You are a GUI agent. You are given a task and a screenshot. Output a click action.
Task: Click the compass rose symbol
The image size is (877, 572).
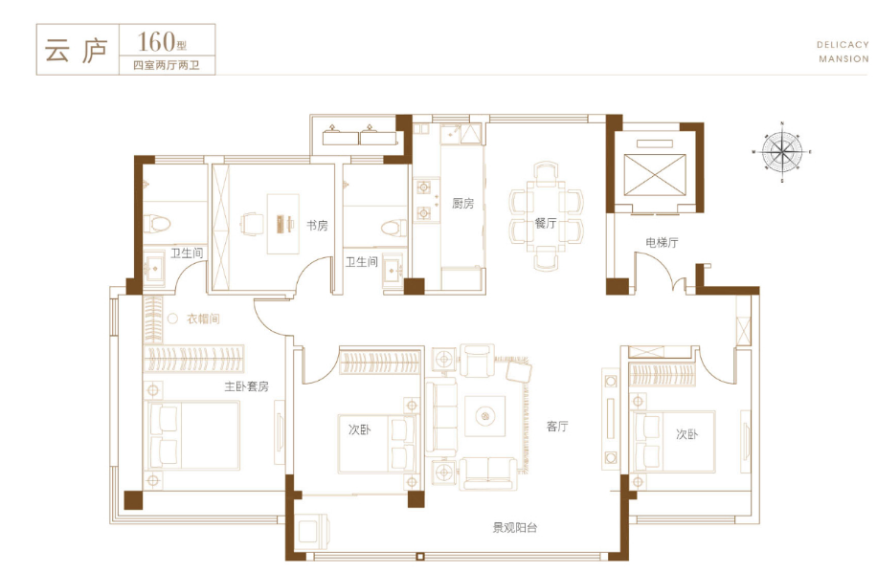click(x=782, y=152)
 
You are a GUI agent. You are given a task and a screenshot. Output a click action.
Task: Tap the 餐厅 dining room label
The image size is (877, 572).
click(x=546, y=224)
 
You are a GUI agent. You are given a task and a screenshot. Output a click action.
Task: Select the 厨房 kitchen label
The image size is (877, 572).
click(x=463, y=204)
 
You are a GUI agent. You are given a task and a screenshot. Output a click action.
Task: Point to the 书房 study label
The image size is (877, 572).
click(x=317, y=226)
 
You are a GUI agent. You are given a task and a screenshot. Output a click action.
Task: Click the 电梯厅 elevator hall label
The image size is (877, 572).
click(x=663, y=242)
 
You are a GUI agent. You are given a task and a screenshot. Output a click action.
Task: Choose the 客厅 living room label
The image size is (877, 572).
click(x=557, y=427)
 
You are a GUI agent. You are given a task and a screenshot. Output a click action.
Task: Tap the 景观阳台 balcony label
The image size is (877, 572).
click(x=515, y=527)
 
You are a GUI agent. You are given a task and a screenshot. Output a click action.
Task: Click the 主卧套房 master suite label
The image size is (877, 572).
click(x=247, y=386)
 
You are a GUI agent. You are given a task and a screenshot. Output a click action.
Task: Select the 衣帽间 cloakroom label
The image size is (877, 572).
click(x=203, y=319)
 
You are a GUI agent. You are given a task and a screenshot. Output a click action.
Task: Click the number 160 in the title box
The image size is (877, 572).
click(x=156, y=41)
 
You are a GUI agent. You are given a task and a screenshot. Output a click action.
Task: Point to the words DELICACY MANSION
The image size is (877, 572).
click(x=843, y=52)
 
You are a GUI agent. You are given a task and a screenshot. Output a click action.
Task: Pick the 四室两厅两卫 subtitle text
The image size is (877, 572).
click(x=167, y=65)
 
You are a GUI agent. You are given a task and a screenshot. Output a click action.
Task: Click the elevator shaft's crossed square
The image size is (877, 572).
click(x=654, y=175)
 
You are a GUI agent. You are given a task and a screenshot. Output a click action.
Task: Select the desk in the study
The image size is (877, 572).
click(x=282, y=224)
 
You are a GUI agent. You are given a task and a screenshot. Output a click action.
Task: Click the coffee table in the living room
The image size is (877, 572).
click(x=484, y=415)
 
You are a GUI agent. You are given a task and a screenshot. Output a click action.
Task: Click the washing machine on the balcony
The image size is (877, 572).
click(x=313, y=531)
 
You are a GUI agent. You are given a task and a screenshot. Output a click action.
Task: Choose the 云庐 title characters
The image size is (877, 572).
click(x=76, y=51)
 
